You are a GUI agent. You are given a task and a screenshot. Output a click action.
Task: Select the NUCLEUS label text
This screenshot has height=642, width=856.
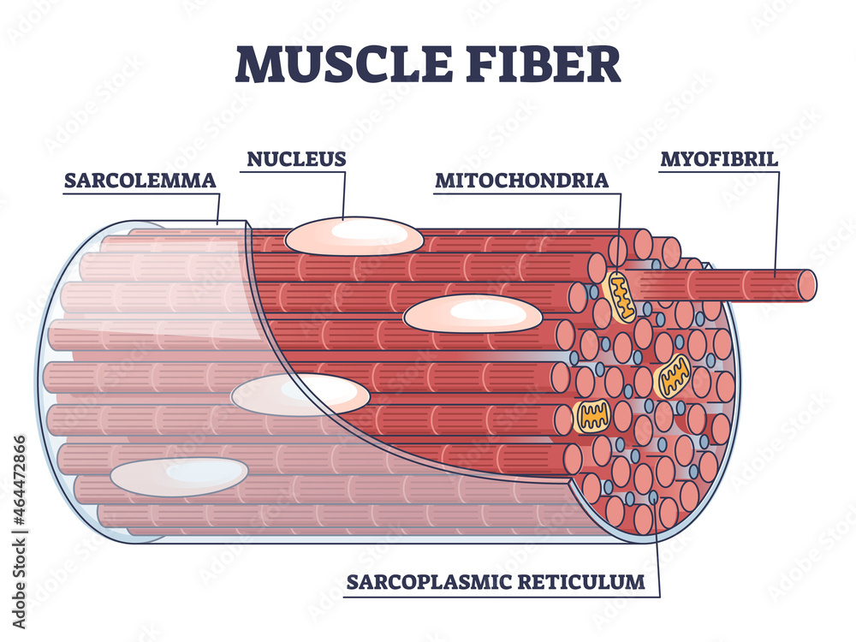[296, 158]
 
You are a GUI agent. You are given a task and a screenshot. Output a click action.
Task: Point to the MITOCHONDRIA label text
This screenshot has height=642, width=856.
[521, 181]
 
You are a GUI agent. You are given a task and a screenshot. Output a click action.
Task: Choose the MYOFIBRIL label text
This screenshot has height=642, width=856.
[719, 159]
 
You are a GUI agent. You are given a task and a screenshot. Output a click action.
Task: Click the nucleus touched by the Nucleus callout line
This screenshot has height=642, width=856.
[354, 235]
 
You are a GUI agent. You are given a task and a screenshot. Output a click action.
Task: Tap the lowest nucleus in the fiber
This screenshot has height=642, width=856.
[179, 477]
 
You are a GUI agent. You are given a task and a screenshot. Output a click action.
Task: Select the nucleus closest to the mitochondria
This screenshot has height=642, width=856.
[473, 315]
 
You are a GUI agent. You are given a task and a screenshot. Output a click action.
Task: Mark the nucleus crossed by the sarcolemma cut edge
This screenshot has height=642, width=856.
[300, 395]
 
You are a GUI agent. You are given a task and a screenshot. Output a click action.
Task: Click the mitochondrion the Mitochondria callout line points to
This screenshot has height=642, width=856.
[619, 296]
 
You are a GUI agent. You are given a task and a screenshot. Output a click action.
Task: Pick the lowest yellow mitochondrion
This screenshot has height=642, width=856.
[591, 415]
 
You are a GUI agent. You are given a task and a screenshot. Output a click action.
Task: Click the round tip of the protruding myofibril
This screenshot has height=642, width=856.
[805, 285]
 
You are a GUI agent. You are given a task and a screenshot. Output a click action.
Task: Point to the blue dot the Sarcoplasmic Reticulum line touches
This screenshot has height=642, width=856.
[654, 497]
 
